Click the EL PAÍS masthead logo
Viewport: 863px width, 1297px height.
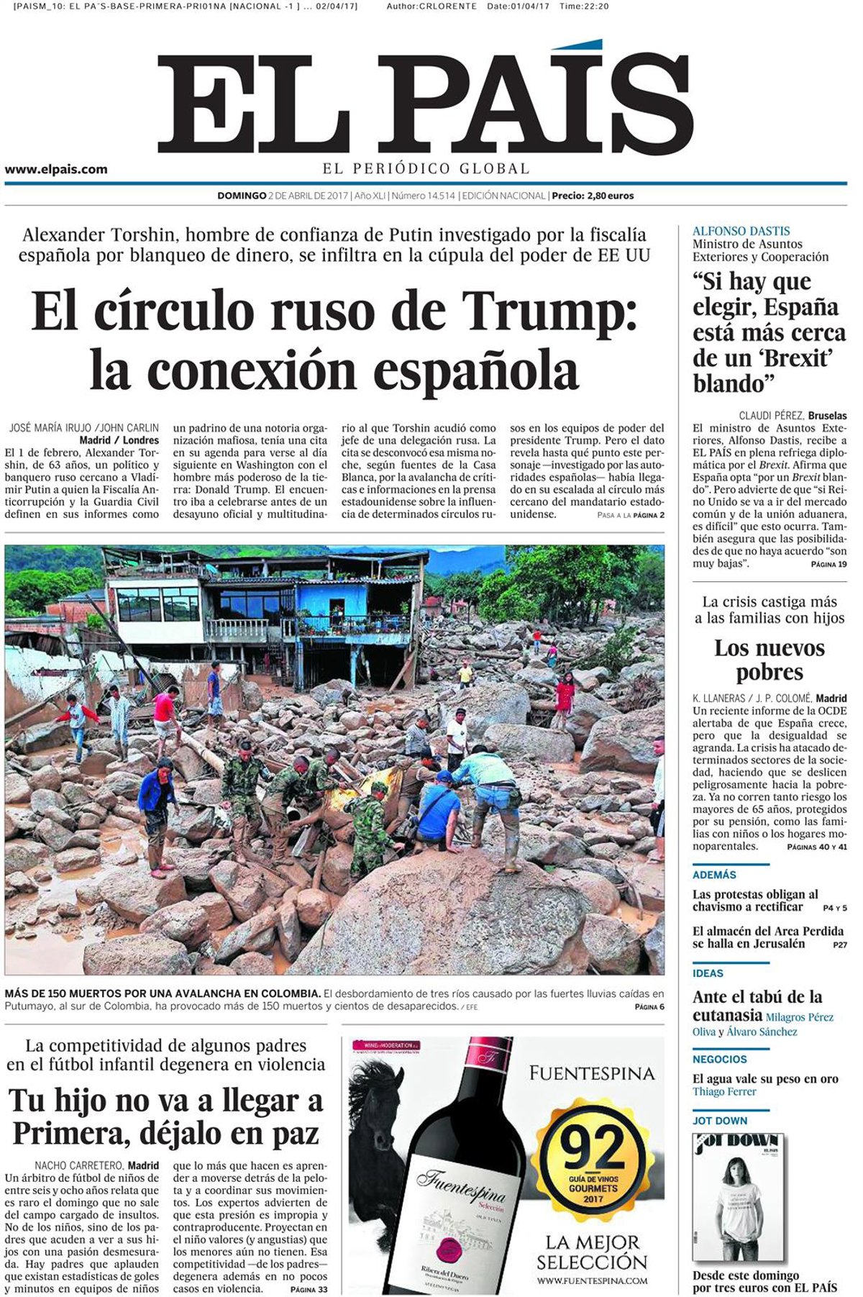click(424, 101)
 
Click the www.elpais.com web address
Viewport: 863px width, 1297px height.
click(56, 169)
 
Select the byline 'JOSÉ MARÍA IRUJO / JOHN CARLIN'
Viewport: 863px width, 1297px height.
click(83, 428)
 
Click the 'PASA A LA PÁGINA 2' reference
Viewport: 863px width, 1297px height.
click(630, 515)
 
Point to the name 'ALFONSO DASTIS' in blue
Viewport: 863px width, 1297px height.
click(741, 232)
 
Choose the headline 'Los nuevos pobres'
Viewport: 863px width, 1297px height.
click(769, 660)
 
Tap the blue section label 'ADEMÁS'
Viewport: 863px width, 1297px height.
click(714, 875)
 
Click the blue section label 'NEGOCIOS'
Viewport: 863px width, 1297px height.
click(719, 1059)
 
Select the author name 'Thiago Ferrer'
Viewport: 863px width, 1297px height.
click(724, 1091)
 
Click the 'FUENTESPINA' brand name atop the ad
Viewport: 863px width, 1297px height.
click(591, 1073)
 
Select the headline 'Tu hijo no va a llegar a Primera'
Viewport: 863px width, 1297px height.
click(165, 1116)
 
